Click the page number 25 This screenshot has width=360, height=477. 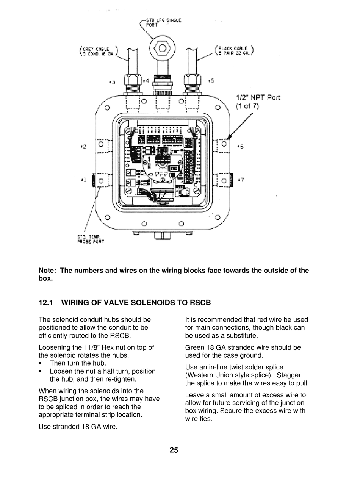click(174, 450)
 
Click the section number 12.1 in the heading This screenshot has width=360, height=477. click(47, 303)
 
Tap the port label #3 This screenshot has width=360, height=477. click(112, 81)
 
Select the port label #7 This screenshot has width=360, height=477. click(241, 180)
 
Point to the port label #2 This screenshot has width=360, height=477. click(83, 146)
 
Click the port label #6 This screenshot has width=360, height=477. click(240, 146)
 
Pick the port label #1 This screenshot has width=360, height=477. click(83, 180)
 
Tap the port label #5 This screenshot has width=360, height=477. click(211, 81)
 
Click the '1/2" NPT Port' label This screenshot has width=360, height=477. click(258, 97)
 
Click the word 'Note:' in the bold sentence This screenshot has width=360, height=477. click(48, 271)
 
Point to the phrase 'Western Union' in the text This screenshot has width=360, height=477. click(209, 375)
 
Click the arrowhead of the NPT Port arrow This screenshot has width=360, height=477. click(230, 136)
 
